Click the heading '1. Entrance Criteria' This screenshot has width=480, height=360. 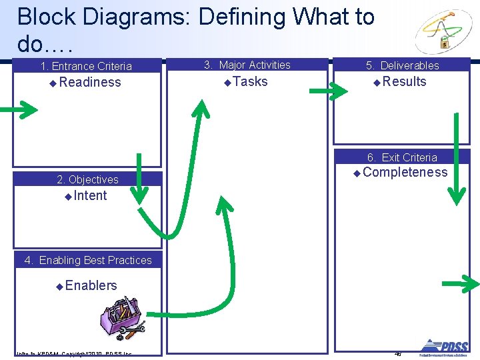click(x=86, y=66)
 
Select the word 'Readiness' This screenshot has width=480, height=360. click(x=89, y=83)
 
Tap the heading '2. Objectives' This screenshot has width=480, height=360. click(x=87, y=179)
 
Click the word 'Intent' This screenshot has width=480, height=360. click(x=90, y=196)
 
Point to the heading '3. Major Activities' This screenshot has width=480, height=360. click(x=247, y=65)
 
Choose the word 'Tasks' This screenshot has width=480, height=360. click(x=250, y=82)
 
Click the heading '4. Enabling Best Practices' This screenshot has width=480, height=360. click(x=88, y=260)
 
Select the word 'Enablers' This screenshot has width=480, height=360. click(x=91, y=285)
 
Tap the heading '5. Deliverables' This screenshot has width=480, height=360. click(x=403, y=65)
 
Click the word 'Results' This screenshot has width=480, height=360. click(x=404, y=82)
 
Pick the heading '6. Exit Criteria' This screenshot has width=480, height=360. click(x=402, y=157)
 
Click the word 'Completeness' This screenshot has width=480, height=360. click(x=405, y=173)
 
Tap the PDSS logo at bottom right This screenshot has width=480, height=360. click(x=443, y=347)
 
